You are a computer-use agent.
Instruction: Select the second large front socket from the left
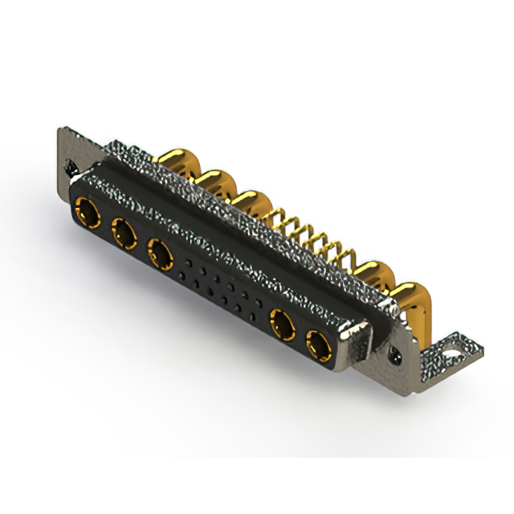(124, 235)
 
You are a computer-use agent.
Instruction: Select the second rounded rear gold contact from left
(214, 182)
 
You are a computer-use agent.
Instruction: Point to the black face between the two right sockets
(299, 337)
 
